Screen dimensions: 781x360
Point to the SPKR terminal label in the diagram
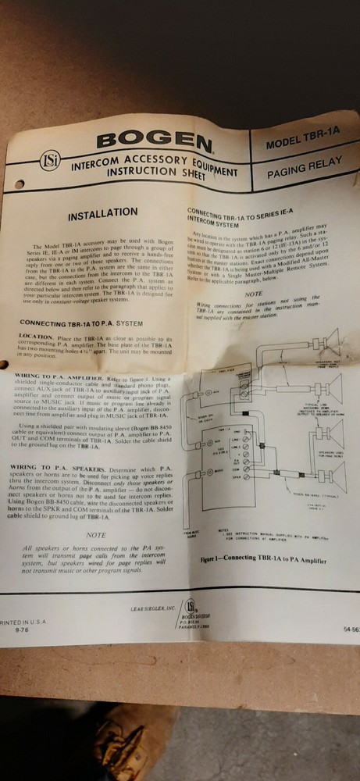[x=235, y=475]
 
